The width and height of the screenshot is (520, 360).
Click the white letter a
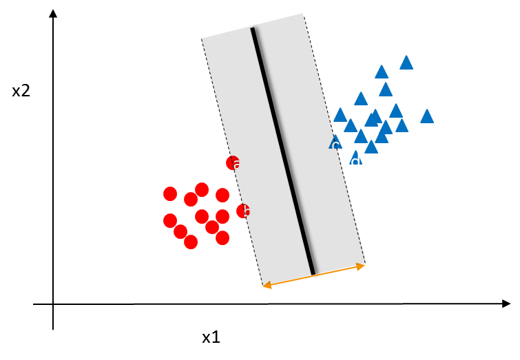[238, 165]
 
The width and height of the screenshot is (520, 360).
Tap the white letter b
[247, 212]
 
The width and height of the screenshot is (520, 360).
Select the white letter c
[335, 146]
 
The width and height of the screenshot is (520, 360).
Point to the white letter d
[355, 162]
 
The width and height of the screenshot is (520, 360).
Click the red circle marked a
[231, 162]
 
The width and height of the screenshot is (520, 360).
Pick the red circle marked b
[242, 211]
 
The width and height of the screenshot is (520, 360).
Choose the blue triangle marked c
[335, 142]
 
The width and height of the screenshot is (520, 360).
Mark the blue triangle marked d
[355, 158]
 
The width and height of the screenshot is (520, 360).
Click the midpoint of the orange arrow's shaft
[314, 275]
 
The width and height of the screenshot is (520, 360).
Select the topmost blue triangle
[406, 63]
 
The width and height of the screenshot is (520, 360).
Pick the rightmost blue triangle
[427, 116]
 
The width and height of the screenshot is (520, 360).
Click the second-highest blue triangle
[382, 72]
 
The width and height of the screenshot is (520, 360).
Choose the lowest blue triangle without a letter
[371, 147]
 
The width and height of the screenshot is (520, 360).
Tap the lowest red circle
[191, 242]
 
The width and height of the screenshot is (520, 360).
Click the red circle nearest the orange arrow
[222, 237]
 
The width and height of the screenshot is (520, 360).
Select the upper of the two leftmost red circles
[170, 193]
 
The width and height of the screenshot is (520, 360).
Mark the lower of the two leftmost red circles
[170, 220]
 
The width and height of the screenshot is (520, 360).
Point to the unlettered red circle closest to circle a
[222, 195]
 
